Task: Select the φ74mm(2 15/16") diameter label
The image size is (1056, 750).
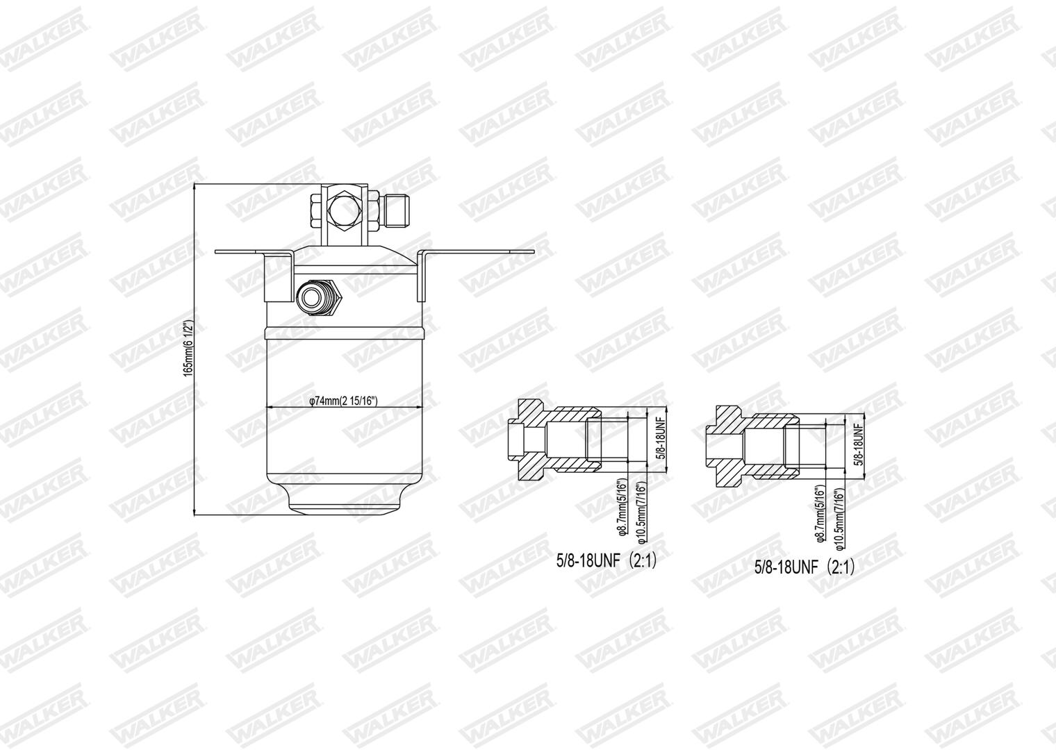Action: [x=343, y=401]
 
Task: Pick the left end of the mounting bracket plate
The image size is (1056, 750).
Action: [x=215, y=252]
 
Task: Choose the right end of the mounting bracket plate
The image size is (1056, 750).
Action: [x=534, y=252]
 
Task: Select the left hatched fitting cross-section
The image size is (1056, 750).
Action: [x=554, y=440]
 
